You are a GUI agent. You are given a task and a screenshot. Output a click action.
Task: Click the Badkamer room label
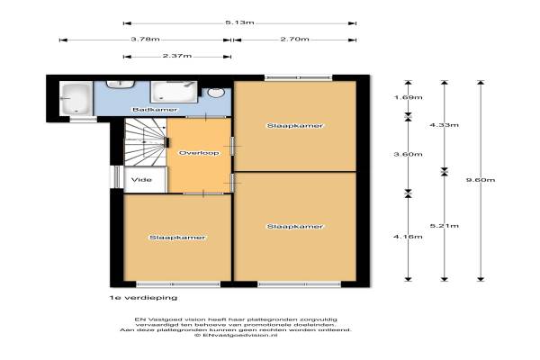[155, 110]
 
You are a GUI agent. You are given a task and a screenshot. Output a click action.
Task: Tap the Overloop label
[199, 153]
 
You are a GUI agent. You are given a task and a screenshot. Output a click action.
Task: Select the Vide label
[141, 179]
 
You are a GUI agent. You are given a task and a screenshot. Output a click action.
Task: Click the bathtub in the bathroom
[76, 98]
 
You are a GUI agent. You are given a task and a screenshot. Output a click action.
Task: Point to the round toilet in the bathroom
[216, 93]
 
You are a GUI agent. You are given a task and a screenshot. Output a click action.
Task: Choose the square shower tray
[174, 92]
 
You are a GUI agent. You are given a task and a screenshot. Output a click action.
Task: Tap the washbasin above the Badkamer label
[120, 85]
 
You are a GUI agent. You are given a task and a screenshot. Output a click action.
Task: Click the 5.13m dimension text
[239, 22]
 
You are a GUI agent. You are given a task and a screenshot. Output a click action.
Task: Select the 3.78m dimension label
[145, 40]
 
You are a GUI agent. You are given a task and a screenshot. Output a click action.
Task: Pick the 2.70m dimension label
[295, 40]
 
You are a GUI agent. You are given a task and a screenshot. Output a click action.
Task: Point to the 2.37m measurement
[177, 56]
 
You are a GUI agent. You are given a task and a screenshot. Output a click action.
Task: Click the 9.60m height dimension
[481, 180]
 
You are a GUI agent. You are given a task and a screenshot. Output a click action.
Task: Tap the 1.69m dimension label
[408, 97]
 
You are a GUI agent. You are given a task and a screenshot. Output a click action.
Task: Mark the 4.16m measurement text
[408, 237]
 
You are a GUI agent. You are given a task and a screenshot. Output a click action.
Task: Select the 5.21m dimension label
[445, 226]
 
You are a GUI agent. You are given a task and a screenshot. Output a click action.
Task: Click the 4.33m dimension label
[445, 125]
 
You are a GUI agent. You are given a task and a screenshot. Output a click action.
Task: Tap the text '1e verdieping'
[143, 298]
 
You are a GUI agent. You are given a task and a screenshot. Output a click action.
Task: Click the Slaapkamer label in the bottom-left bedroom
[177, 238]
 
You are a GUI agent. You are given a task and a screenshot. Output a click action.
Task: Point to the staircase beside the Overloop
[145, 142]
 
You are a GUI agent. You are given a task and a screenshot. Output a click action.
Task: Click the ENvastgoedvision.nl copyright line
[236, 335]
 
